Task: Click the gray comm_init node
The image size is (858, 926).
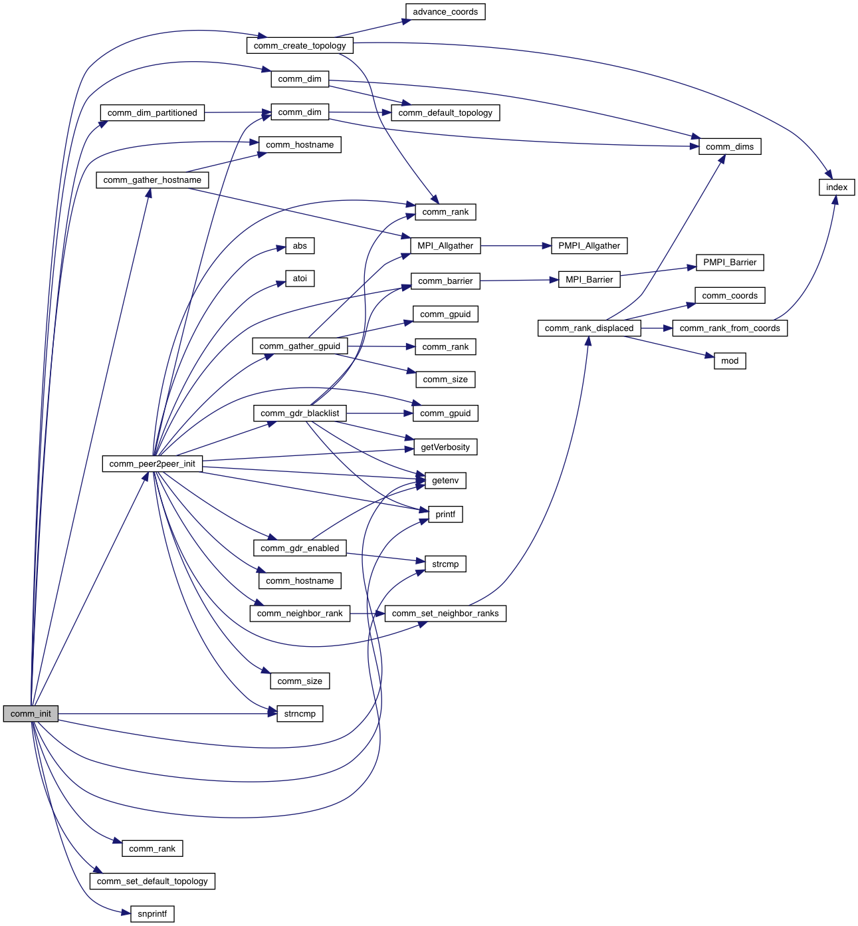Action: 31,714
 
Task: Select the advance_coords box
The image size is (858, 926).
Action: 445,12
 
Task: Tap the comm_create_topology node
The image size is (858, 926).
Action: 300,46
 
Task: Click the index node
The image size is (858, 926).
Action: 836,187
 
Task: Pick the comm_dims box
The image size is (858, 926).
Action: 729,147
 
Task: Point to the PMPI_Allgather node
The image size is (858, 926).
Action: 589,246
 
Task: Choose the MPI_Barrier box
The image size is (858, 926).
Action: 589,280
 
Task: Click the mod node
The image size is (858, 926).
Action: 729,361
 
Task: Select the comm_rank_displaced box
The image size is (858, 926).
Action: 589,328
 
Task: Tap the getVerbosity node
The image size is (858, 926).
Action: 445,447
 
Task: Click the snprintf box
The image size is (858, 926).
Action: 152,914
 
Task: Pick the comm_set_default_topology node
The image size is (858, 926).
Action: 152,881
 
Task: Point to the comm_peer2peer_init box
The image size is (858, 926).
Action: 152,464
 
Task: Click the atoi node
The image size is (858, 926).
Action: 300,279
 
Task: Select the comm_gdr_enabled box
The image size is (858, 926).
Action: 300,548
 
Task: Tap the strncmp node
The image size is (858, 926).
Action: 300,714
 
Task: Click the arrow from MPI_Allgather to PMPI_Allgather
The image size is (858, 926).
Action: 516,246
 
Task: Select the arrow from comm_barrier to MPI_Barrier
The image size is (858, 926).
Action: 519,281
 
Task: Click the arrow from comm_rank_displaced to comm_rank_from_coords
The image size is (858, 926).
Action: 657,328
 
